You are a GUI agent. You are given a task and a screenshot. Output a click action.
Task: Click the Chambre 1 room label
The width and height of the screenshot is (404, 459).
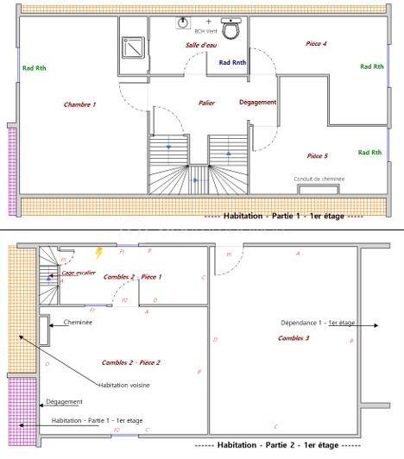tap(79, 104)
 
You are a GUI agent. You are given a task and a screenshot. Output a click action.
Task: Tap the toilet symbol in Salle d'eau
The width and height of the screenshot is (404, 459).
tap(230, 29)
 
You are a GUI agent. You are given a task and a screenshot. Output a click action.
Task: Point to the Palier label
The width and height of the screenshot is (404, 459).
tap(206, 103)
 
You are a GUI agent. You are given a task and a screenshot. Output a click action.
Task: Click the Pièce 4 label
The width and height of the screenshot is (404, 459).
tap(317, 42)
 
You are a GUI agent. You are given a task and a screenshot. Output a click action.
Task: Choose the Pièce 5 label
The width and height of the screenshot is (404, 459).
tap(318, 156)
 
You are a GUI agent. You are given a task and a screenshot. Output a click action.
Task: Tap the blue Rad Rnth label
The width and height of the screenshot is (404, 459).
tap(232, 62)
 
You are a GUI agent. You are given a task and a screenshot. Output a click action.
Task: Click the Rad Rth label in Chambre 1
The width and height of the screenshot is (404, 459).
tap(35, 68)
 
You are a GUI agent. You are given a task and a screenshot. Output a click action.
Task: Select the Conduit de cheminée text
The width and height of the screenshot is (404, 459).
tap(319, 179)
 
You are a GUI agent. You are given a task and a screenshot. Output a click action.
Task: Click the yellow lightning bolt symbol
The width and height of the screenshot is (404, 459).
tap(99, 253)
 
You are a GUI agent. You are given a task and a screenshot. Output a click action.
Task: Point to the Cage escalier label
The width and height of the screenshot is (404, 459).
tap(79, 272)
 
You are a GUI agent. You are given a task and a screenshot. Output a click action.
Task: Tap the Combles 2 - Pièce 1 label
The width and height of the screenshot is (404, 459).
tap(133, 277)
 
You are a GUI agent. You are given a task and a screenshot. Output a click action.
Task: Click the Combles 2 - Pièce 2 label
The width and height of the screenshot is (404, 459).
tap(131, 362)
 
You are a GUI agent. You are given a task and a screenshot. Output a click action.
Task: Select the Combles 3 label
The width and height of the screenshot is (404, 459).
tap(294, 338)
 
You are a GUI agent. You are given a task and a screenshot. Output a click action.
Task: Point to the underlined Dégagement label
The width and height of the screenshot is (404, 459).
tap(65, 401)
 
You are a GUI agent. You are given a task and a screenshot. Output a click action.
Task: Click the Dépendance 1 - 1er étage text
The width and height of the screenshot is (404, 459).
tap(317, 323)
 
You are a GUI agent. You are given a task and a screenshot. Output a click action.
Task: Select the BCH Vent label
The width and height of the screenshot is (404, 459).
tap(205, 30)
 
